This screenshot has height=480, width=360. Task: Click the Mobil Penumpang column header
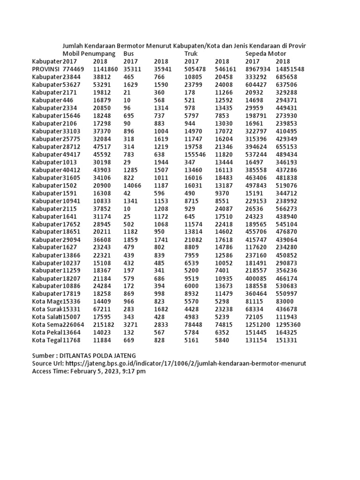coord(89,54)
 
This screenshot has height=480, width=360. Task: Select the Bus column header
coord(129,54)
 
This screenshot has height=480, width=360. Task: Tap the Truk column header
coord(191,54)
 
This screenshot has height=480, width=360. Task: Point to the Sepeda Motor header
coord(266,54)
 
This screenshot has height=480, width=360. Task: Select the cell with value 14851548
coord(290,69)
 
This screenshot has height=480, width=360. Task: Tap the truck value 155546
coord(195,154)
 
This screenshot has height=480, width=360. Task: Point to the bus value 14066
coord(132,185)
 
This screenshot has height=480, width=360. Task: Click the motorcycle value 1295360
coord(288,324)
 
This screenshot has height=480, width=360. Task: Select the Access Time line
coord(89,371)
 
